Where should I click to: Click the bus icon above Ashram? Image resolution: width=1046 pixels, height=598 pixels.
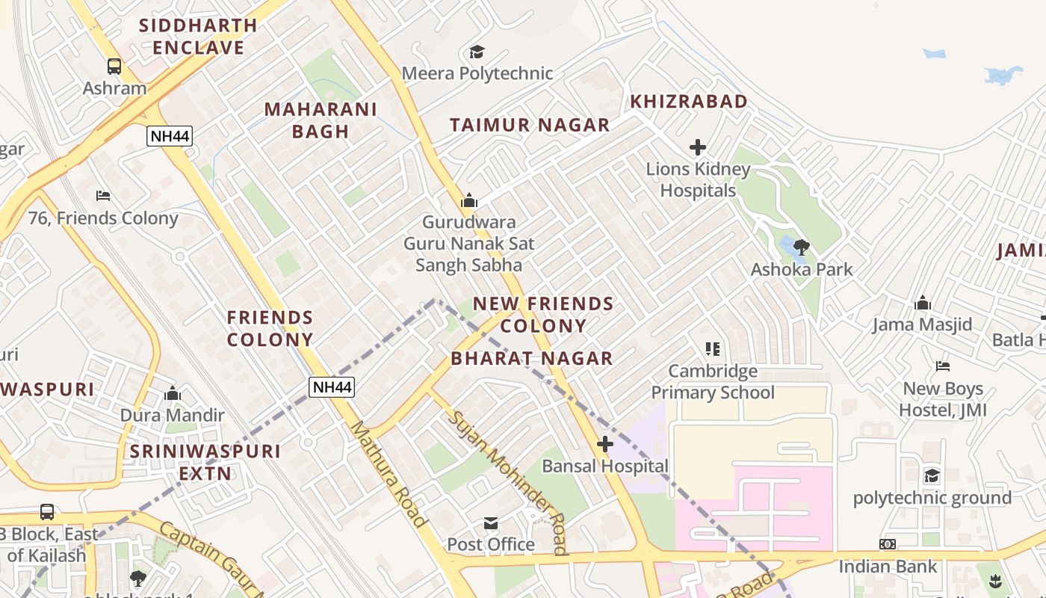click(114, 67)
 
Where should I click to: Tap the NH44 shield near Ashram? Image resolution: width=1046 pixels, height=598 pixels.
click(170, 136)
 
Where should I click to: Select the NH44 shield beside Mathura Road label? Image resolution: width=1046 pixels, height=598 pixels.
click(332, 386)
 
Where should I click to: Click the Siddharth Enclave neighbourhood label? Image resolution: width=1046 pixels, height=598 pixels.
click(198, 37)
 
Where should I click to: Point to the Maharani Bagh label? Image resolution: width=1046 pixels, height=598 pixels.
click(321, 120)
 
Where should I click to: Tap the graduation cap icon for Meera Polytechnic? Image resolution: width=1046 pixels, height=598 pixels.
click(477, 52)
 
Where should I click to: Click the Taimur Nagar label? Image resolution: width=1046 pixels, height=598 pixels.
click(530, 125)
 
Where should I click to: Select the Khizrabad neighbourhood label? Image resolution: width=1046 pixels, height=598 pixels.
click(688, 102)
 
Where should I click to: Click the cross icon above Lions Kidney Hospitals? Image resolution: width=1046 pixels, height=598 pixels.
click(698, 147)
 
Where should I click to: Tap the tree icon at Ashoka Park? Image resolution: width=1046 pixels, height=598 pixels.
click(801, 247)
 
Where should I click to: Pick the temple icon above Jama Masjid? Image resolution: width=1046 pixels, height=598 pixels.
click(923, 303)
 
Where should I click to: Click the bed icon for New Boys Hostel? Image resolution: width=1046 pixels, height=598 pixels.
click(943, 366)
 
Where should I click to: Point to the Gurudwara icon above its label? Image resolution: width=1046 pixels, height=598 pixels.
click(469, 200)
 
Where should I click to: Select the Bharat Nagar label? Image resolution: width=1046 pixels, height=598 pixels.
click(531, 359)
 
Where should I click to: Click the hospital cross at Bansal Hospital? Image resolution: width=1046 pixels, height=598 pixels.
click(604, 445)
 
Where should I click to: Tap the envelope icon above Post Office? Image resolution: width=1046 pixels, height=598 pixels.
click(491, 523)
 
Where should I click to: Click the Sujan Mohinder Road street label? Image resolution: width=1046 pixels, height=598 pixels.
click(507, 481)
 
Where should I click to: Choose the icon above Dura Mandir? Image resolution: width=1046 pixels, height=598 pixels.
click(173, 393)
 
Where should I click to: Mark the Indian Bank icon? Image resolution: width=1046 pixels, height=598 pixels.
click(888, 544)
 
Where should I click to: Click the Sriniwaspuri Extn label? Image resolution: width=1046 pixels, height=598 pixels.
click(205, 462)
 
